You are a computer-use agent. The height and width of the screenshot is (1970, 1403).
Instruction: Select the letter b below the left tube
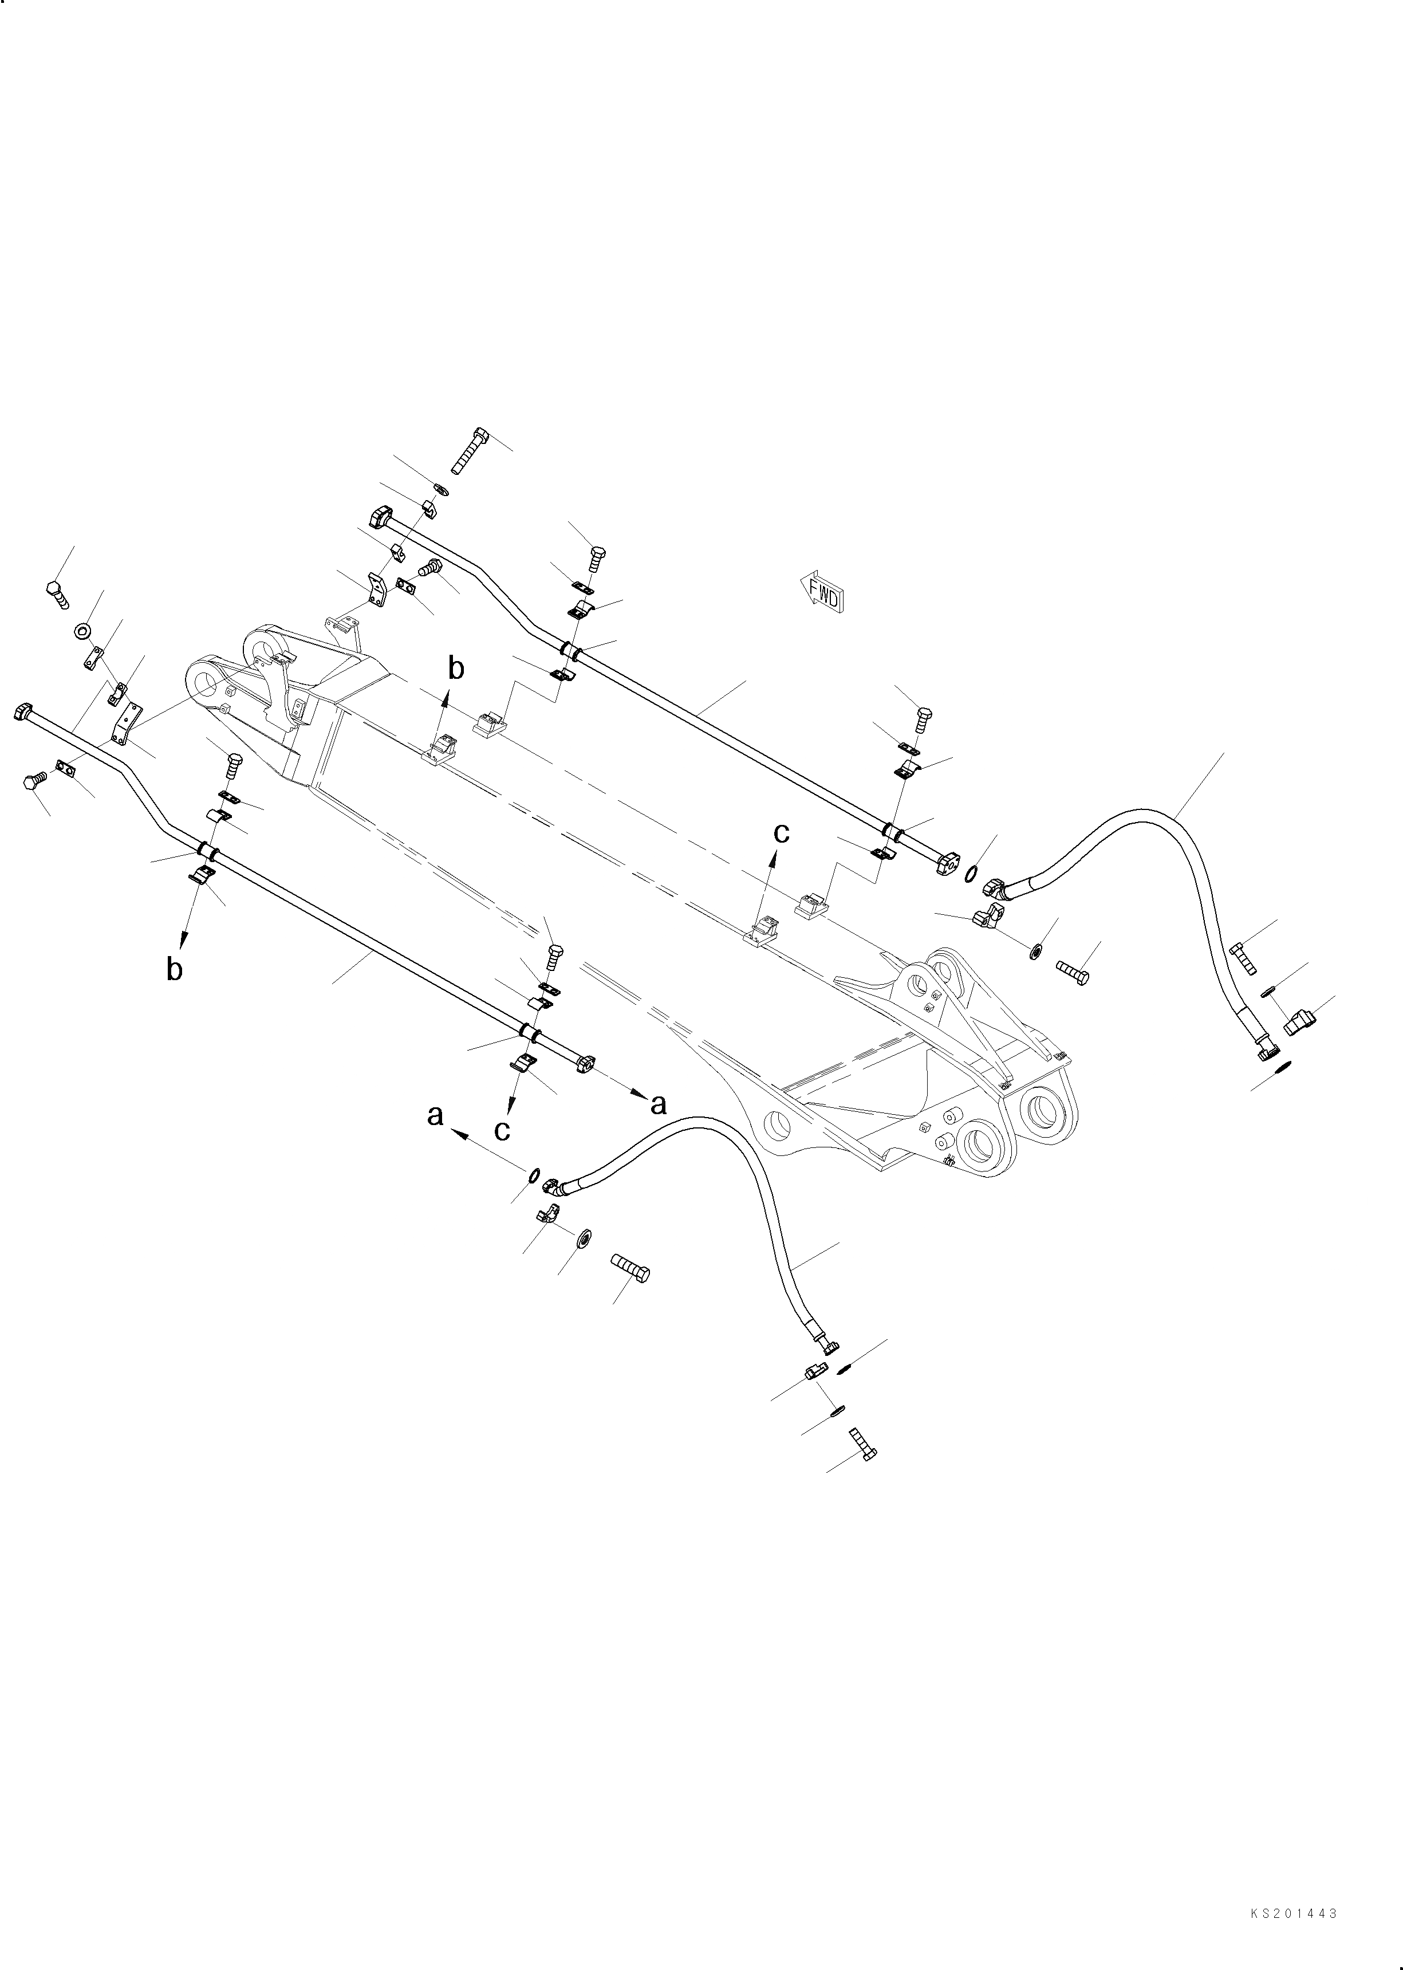tap(175, 969)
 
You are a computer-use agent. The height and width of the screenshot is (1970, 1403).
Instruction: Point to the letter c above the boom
tap(781, 832)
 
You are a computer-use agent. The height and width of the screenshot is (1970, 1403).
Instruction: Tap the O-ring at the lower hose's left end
tap(535, 1174)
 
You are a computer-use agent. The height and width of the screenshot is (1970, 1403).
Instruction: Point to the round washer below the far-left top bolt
tap(84, 631)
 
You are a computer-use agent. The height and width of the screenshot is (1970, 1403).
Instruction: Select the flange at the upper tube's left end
tap(380, 518)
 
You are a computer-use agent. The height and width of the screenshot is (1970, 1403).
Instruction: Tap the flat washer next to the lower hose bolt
tap(582, 1238)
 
